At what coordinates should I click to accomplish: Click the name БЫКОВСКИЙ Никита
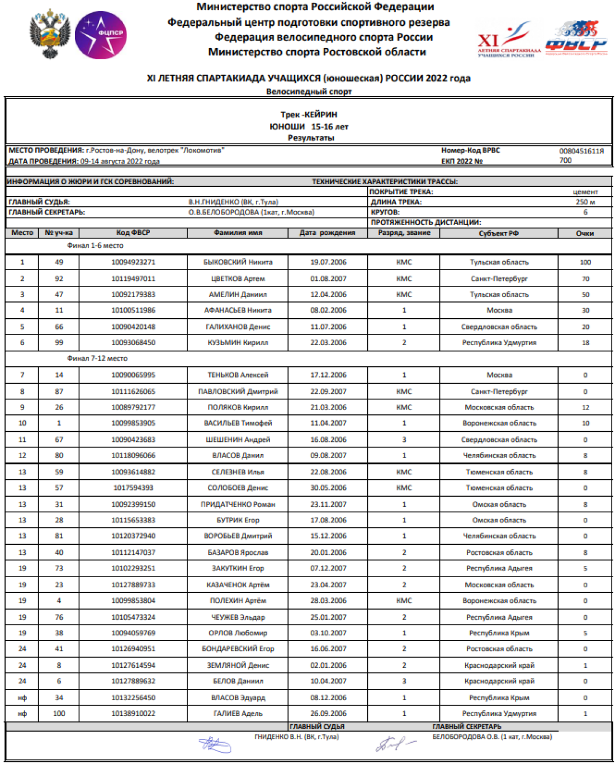238,262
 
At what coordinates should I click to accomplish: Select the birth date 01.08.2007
328,279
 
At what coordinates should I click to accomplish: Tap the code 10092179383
133,294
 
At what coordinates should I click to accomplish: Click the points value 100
585,262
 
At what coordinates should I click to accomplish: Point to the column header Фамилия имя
238,233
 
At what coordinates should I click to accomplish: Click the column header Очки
585,233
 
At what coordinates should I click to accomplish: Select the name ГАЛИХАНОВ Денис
238,327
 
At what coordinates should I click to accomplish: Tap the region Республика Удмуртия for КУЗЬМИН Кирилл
499,342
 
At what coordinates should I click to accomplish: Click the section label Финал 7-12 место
97,358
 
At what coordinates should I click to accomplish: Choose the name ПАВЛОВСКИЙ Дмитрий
238,392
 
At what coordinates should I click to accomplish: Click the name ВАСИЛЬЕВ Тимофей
238,423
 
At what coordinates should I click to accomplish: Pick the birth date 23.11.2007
328,504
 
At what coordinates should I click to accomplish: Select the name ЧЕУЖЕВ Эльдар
238,617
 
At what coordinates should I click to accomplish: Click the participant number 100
59,713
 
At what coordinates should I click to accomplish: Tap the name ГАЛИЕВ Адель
238,713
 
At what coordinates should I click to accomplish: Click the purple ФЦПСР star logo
101,35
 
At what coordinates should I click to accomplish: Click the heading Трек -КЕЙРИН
309,115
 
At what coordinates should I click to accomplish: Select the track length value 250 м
585,202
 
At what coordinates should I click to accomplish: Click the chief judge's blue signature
215,744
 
